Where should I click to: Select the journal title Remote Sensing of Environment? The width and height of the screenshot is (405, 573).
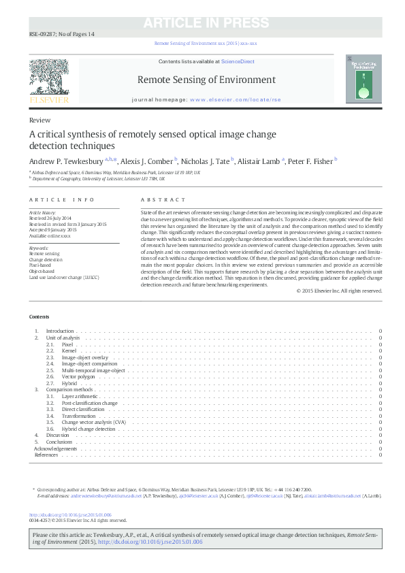[x=206, y=80]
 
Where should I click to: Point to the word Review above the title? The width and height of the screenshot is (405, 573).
[x=39, y=120]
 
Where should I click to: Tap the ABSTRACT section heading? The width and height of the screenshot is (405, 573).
[x=163, y=199]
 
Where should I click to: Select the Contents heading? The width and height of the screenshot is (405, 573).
[x=39, y=317]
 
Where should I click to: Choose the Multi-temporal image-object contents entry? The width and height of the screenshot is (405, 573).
[x=93, y=370]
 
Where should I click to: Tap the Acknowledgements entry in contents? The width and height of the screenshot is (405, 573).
[x=56, y=448]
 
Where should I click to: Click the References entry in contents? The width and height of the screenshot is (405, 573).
[x=46, y=455]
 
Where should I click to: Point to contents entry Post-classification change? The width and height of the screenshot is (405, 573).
[x=89, y=403]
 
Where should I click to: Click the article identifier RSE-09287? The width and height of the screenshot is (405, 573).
[x=42, y=34]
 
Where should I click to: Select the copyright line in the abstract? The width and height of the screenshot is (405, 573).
[x=339, y=291]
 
